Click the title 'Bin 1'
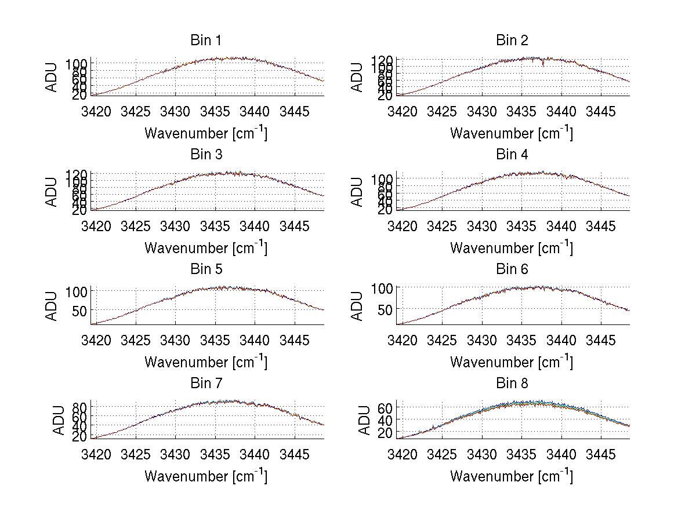pyautogui.click(x=205, y=41)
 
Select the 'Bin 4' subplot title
pyautogui.click(x=512, y=155)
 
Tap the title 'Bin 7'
pyautogui.click(x=205, y=384)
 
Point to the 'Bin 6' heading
pyautogui.click(x=512, y=269)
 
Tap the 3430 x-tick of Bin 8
pyautogui.click(x=481, y=454)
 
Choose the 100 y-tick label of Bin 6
pyautogui.click(x=384, y=289)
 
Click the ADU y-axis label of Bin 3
pyautogui.click(x=53, y=192)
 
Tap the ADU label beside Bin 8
pyautogui.click(x=364, y=420)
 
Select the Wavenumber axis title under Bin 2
pyautogui.click(x=511, y=133)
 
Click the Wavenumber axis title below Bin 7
pyautogui.click(x=205, y=476)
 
